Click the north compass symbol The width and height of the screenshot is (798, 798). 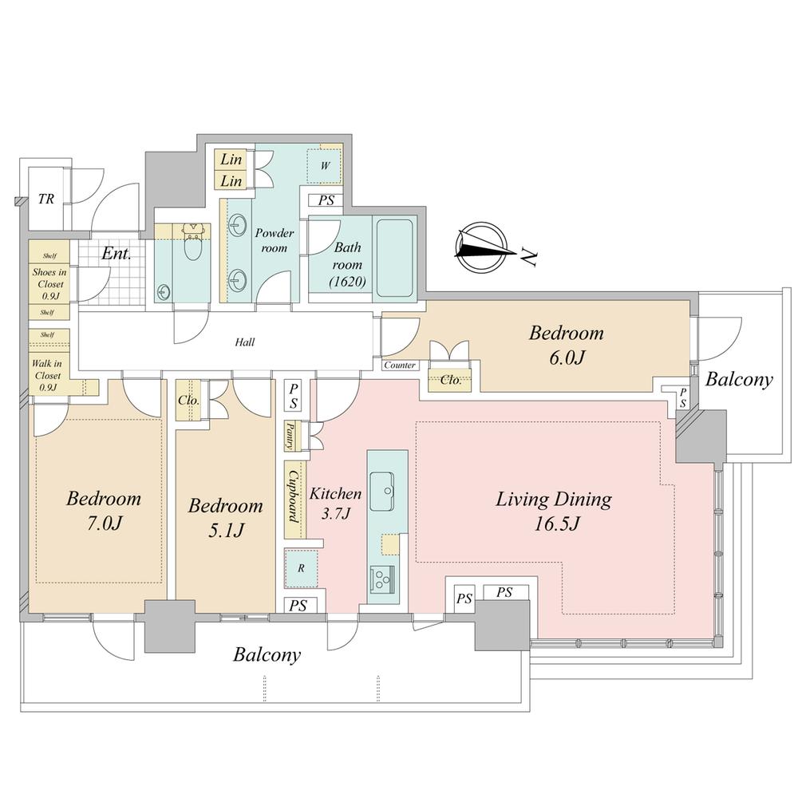pos(483,247)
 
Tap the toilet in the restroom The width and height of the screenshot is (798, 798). pos(192,242)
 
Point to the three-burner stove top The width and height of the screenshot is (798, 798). pos(382,579)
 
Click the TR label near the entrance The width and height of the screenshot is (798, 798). pos(45,199)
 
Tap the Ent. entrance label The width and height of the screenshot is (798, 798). pos(116,254)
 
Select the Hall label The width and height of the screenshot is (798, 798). pos(245,342)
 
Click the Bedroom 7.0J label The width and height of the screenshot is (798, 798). pos(104,510)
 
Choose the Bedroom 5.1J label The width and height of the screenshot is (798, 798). pos(226,518)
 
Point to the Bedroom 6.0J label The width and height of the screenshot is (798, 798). pos(567,345)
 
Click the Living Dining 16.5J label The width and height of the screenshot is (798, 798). pos(554,511)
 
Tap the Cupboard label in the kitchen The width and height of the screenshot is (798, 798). pos(294,496)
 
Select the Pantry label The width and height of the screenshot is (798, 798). pos(289,435)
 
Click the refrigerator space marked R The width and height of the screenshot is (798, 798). pos(301,568)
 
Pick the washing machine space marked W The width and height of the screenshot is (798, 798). pos(325,165)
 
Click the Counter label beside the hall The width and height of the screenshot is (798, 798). pos(400,365)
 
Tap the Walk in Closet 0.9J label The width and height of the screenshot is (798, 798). pos(47,376)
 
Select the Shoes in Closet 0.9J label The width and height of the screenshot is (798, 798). pos(49,284)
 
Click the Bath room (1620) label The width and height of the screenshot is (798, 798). pos(348,264)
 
